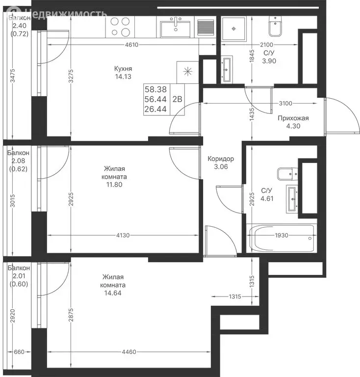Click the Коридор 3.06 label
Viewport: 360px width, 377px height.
[221, 162]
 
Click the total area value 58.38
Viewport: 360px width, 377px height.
[155, 90]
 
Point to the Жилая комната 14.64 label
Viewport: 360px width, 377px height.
[113, 285]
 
